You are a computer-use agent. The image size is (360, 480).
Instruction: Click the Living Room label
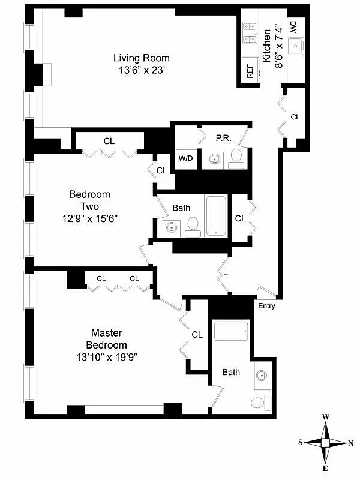tap(142, 58)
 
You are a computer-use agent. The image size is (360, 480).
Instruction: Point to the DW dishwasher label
tap(293, 26)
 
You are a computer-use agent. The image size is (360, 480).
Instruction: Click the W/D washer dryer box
tap(185, 159)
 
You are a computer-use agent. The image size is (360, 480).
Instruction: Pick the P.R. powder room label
tap(224, 137)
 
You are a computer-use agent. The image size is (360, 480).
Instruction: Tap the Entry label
tap(266, 307)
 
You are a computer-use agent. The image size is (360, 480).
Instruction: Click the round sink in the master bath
tap(260, 376)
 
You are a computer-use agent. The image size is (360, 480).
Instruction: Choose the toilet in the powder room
tap(236, 158)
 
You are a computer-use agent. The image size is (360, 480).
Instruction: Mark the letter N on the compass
tap(350, 443)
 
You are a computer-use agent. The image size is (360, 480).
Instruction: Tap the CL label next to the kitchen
tap(295, 117)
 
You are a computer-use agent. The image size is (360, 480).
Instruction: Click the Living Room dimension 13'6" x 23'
tap(142, 70)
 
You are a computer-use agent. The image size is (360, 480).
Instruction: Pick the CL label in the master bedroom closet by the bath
tap(197, 334)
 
